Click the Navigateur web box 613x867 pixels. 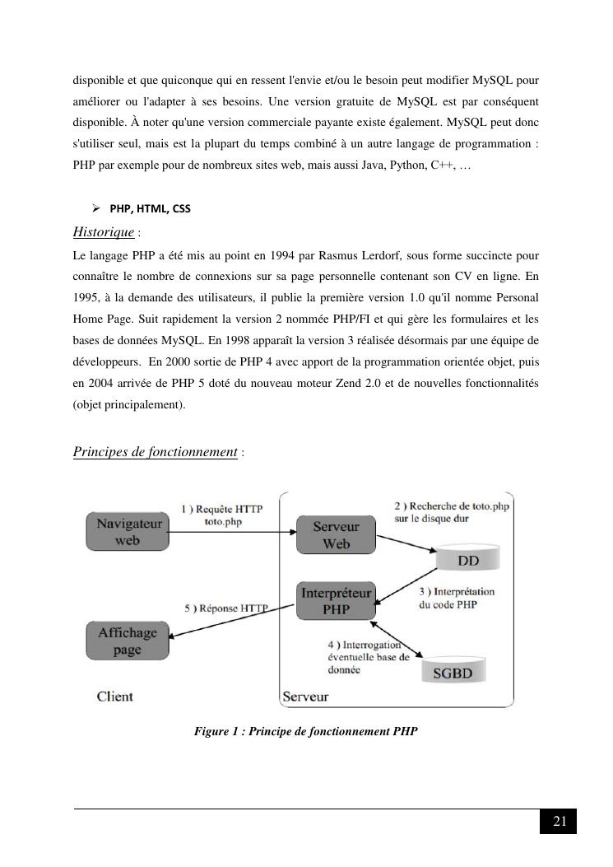coord(128,531)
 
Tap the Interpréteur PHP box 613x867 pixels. coord(336,600)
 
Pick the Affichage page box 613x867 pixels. coord(128,641)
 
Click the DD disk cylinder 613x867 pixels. coord(467,559)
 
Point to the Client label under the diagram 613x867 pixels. coord(115,697)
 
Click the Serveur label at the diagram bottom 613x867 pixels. coord(305,697)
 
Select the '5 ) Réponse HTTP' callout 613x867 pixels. coord(227,608)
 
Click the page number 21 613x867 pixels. coord(559,821)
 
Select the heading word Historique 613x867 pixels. coord(104,231)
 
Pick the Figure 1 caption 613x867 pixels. coord(305,730)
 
